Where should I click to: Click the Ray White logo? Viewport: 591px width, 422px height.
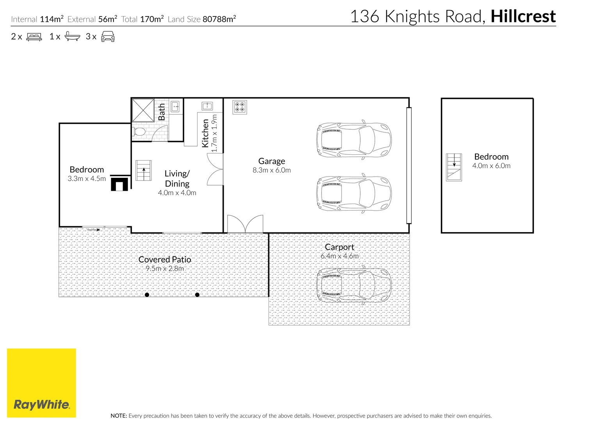pos(41,383)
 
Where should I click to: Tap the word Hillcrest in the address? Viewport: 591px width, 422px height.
pos(523,16)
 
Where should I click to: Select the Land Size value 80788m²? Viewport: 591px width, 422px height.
pos(219,19)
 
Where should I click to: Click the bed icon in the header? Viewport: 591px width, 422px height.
pos(34,37)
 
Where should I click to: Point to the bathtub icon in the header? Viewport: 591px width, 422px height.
pos(72,37)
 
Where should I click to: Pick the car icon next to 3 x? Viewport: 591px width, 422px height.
pos(108,37)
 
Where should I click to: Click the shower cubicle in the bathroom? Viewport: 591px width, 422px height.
pos(143,111)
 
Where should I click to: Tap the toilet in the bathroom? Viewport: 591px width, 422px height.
pos(139,131)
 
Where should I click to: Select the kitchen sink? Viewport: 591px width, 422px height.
pos(206,106)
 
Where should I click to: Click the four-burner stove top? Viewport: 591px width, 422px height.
pos(240,107)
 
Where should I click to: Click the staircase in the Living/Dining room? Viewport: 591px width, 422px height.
pos(144,170)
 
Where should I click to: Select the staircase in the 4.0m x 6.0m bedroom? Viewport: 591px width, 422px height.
pos(454,167)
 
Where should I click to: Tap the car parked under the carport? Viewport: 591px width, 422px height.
pos(353,285)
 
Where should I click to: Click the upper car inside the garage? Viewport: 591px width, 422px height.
pos(353,140)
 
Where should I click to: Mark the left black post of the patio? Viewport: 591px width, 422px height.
pos(147,295)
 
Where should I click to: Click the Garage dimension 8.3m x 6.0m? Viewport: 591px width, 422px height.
pos(271,170)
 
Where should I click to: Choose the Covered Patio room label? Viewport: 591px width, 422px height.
pos(165,259)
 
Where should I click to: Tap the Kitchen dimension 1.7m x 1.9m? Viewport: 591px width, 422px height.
pos(214,133)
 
